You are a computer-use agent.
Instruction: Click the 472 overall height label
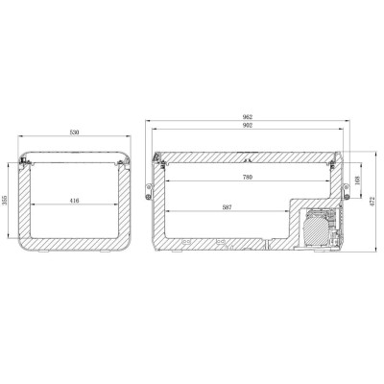click(x=374, y=201)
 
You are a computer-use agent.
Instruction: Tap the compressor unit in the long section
click(x=317, y=229)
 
